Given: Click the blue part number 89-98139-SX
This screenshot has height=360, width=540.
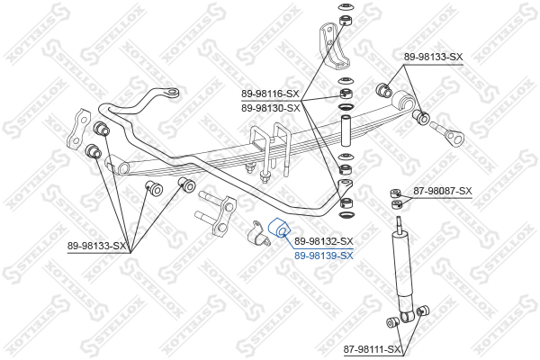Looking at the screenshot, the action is point(324,256).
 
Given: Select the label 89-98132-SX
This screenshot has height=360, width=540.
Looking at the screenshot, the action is point(324,241).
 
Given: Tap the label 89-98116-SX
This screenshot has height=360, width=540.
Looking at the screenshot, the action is point(270,94).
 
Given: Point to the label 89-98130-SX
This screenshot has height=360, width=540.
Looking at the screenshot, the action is point(271,108).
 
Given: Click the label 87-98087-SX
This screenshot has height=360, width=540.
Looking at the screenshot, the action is point(443,191).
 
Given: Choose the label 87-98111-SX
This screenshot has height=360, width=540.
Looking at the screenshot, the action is point(373,350).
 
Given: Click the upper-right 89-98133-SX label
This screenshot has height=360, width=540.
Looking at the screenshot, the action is point(433,57).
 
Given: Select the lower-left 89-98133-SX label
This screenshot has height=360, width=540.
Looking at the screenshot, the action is point(97,246).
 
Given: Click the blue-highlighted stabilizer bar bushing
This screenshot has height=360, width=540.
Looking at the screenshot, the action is point(279,228).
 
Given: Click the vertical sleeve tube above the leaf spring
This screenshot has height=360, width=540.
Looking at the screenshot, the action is point(346,131).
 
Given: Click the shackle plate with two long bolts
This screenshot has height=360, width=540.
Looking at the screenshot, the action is point(216,214).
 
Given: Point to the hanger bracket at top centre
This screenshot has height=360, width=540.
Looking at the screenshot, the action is point(333,46).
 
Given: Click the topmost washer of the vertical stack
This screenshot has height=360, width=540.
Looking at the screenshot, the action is point(345,6).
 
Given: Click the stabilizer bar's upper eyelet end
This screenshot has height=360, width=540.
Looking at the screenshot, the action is point(172,93).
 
